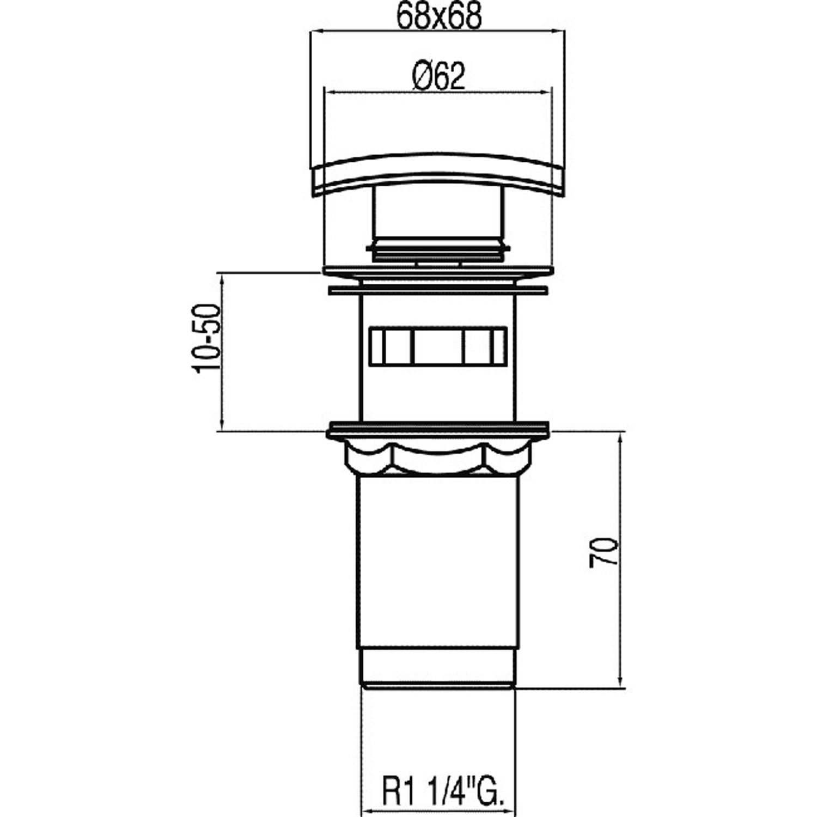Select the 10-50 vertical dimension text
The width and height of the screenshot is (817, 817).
207,338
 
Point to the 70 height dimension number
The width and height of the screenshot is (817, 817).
603,551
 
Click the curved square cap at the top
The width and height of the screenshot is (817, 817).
439,175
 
